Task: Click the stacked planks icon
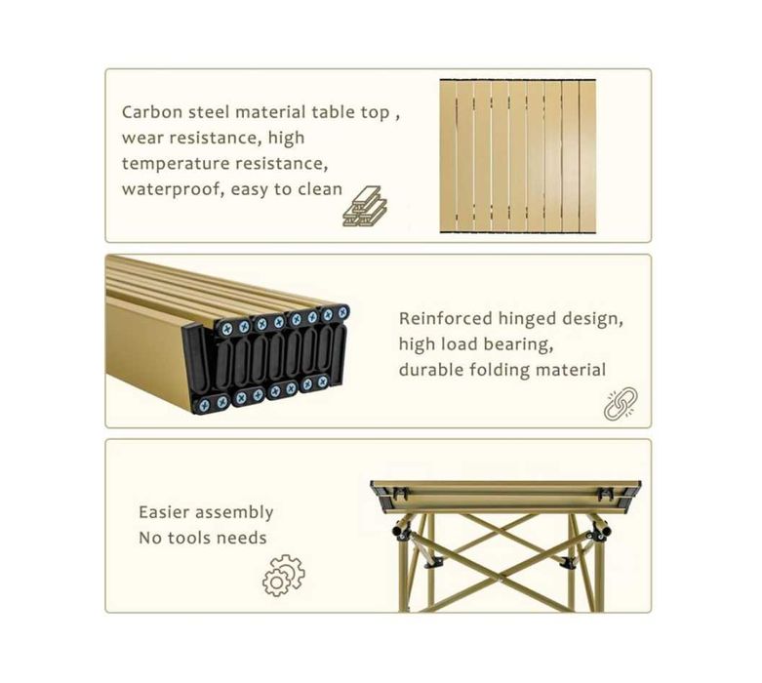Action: click(365, 206)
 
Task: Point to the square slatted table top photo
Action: click(518, 156)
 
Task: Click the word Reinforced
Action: click(446, 318)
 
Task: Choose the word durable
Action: click(431, 370)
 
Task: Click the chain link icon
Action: click(621, 404)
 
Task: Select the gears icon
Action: click(284, 576)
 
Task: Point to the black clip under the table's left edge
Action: click(399, 493)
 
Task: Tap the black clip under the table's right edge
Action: click(605, 493)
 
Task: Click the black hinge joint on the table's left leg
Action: click(403, 531)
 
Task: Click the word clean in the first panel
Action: click(320, 189)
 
